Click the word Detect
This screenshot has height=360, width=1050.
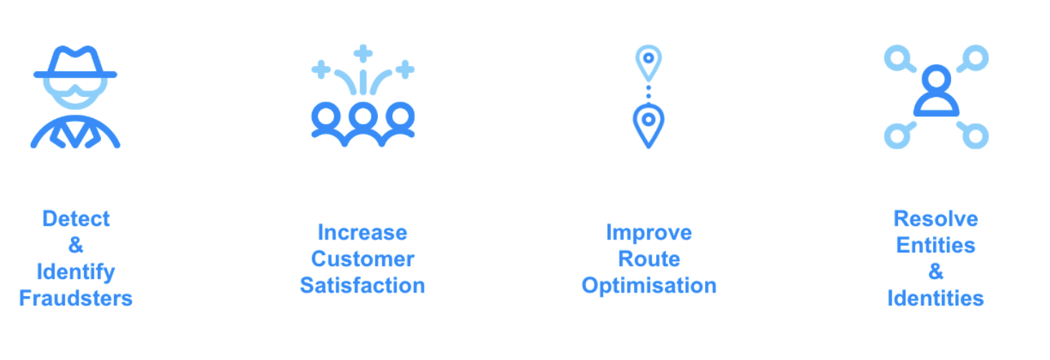coord(76,219)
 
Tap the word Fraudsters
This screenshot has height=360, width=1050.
coord(76,298)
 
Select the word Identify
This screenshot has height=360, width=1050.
coord(76,273)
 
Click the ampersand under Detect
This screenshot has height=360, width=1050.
coord(76,245)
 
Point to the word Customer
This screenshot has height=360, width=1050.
coord(363,259)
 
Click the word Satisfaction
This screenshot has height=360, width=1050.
coord(363,285)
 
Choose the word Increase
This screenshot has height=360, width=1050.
coord(363,232)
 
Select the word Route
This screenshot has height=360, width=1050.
coord(649,259)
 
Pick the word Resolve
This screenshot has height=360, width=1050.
coord(936,219)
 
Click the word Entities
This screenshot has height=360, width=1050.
coord(936,245)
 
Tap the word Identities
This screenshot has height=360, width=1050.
coord(936,298)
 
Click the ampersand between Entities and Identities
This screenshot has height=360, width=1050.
coord(936,272)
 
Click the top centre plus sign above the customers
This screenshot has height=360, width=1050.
coord(363,54)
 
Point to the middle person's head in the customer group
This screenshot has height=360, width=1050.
coord(364,115)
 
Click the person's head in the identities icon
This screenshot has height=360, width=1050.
coord(937,79)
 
